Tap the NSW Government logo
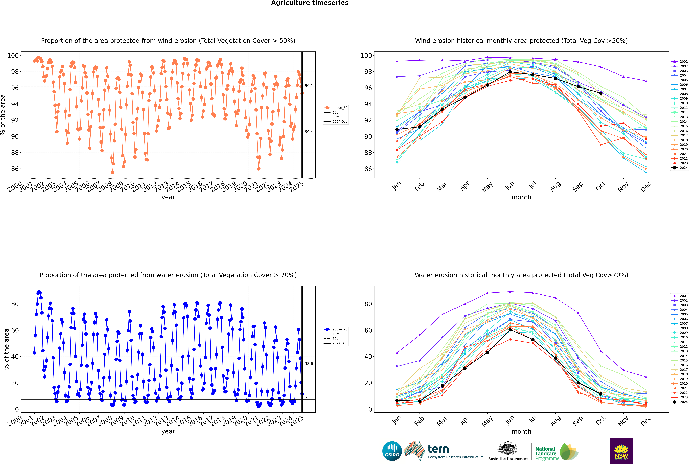coord(621,451)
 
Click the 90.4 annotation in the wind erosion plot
coord(309,132)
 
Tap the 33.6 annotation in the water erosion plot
coord(309,364)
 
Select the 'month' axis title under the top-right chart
coord(521,197)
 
